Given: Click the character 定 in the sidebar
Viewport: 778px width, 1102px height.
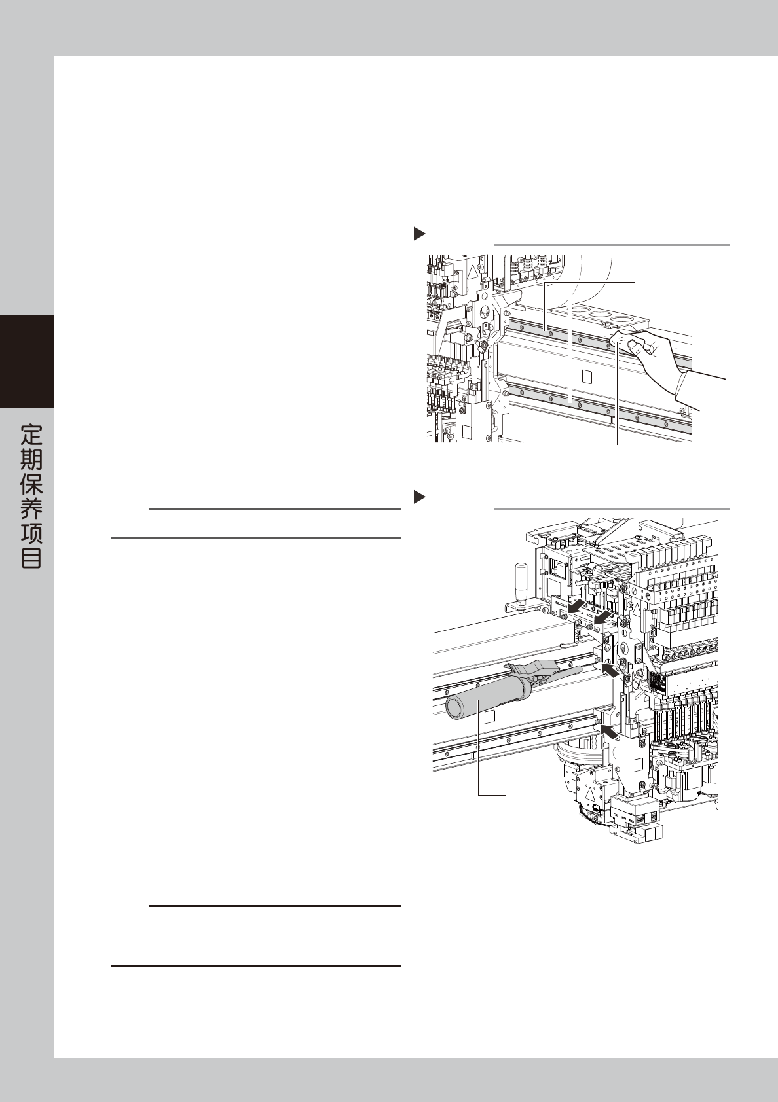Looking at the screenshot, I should [x=31, y=435].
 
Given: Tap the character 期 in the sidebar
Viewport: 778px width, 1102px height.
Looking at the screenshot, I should [x=31, y=459].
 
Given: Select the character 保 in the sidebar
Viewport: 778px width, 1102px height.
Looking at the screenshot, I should [x=31, y=484].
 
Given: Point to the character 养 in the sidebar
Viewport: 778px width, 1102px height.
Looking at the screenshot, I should [x=31, y=509].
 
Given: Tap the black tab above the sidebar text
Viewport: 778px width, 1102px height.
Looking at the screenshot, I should [x=27, y=361].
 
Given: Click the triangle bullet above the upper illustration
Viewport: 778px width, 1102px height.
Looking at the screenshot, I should [x=420, y=234].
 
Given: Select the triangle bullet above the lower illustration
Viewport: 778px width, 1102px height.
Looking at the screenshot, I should [x=420, y=498].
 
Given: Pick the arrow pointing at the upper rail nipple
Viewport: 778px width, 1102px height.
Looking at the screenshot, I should [x=610, y=671].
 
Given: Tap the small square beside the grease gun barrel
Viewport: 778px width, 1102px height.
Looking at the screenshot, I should [x=489, y=717].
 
